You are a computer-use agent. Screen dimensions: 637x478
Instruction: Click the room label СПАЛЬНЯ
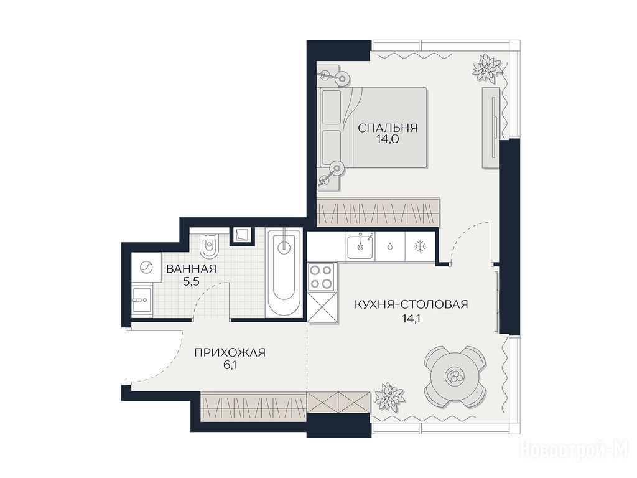[x=387, y=128]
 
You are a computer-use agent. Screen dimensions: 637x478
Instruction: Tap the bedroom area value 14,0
[x=387, y=139]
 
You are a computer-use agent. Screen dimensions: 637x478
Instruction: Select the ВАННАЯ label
[x=191, y=269]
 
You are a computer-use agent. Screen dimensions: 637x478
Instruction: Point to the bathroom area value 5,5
[x=191, y=281]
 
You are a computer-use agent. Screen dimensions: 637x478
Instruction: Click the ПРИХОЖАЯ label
[x=230, y=352]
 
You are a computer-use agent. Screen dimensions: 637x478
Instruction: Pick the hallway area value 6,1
[x=230, y=365]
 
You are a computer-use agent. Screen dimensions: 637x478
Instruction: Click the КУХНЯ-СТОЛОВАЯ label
[x=411, y=304]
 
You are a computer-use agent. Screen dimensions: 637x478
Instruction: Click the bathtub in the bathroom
[x=284, y=273]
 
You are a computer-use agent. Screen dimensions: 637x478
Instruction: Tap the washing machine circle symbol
[x=146, y=268]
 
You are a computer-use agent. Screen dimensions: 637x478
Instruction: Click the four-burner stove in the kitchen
[x=322, y=276]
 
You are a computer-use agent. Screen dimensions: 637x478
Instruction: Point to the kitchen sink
[x=360, y=245]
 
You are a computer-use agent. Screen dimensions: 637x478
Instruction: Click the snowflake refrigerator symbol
[x=419, y=246]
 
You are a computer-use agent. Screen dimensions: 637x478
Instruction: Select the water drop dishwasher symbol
[x=390, y=246]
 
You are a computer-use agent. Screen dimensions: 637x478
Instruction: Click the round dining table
[x=454, y=375]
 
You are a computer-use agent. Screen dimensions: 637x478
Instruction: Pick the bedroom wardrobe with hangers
[x=378, y=212]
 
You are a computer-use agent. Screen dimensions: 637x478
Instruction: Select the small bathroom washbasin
[x=141, y=299]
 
